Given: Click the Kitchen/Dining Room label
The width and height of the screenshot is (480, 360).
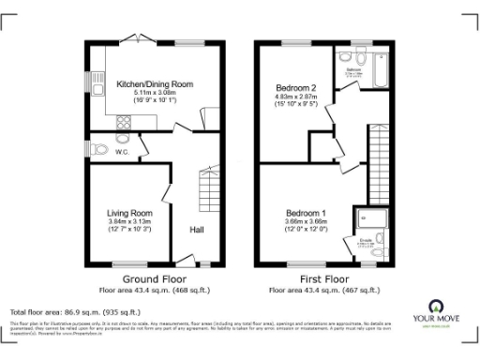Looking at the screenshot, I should [x=155, y=84].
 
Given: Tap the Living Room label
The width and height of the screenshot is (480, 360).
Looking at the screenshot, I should [x=129, y=213].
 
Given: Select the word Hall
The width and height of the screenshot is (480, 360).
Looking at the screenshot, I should [x=198, y=230].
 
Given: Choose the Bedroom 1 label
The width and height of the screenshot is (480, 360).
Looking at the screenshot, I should [x=306, y=212].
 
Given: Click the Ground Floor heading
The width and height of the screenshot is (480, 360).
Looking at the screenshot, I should [x=153, y=279].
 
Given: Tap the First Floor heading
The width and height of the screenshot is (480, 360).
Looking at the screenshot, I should [x=322, y=279].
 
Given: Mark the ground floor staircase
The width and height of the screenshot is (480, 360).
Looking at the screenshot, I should [x=206, y=191].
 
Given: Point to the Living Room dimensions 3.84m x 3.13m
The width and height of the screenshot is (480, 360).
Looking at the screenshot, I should [x=129, y=221].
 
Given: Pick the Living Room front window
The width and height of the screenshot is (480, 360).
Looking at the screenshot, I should [x=128, y=262].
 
